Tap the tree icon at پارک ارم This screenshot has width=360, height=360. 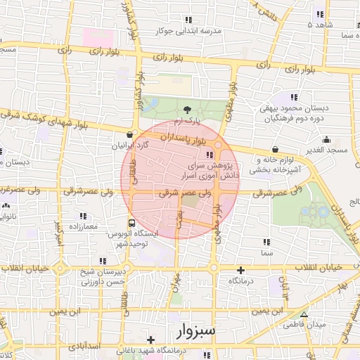pos(186,110)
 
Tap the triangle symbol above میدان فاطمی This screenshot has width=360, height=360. pos(304,314)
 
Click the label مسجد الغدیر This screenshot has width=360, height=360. pos(328,151)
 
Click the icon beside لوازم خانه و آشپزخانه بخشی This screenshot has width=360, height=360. pos(274,149)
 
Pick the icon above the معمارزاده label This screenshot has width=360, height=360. pos(83,216)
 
